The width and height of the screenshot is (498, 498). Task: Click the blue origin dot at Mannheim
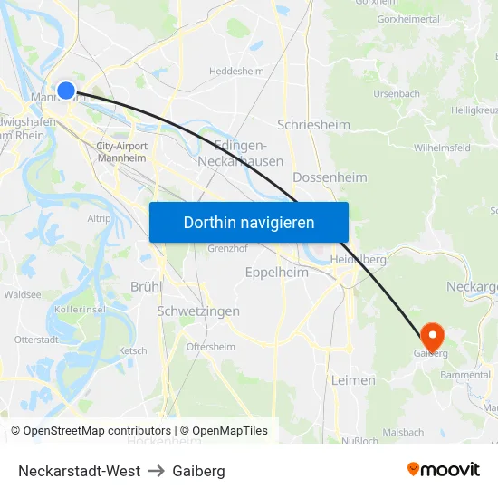[x=66, y=91]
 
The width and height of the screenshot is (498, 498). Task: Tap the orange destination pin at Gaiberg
[x=432, y=336]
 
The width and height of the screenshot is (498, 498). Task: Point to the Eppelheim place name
[x=277, y=272]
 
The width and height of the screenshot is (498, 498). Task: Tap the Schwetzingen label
[x=198, y=311]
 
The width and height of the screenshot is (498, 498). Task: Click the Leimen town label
[x=353, y=380]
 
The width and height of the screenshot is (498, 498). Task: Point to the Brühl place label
[x=146, y=286]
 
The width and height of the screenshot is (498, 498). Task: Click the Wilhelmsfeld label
[x=442, y=147]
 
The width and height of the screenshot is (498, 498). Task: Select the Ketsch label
[x=132, y=350]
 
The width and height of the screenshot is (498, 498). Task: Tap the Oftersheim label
[x=210, y=347]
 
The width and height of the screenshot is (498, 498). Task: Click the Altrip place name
[x=99, y=218]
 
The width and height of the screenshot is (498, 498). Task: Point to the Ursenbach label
[x=397, y=93]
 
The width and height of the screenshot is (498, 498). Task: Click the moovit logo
[x=444, y=469]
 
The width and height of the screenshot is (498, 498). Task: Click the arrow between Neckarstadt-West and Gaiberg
[x=157, y=471]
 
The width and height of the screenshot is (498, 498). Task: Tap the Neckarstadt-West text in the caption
[x=79, y=471]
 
